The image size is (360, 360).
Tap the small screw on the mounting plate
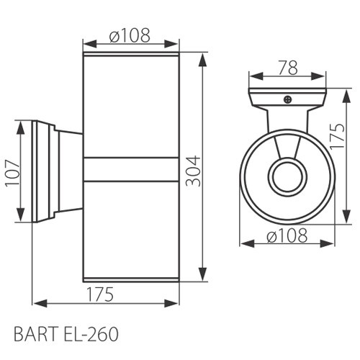(x=287, y=99)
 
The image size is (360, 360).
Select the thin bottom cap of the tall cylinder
(x=132, y=279)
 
